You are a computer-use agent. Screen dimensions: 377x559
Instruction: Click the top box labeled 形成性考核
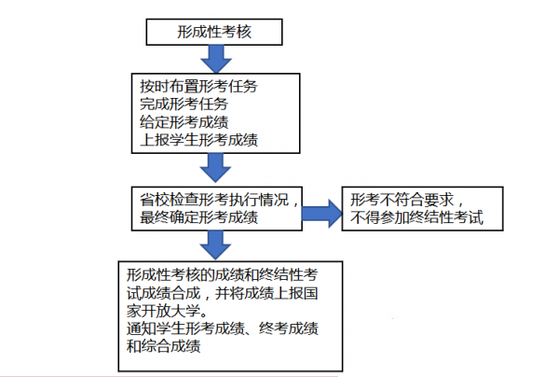215,31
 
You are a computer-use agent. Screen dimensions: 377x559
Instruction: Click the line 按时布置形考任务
196,86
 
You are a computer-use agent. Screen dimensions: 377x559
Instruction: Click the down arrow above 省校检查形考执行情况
215,168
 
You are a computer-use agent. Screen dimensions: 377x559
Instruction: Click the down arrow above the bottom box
215,245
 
